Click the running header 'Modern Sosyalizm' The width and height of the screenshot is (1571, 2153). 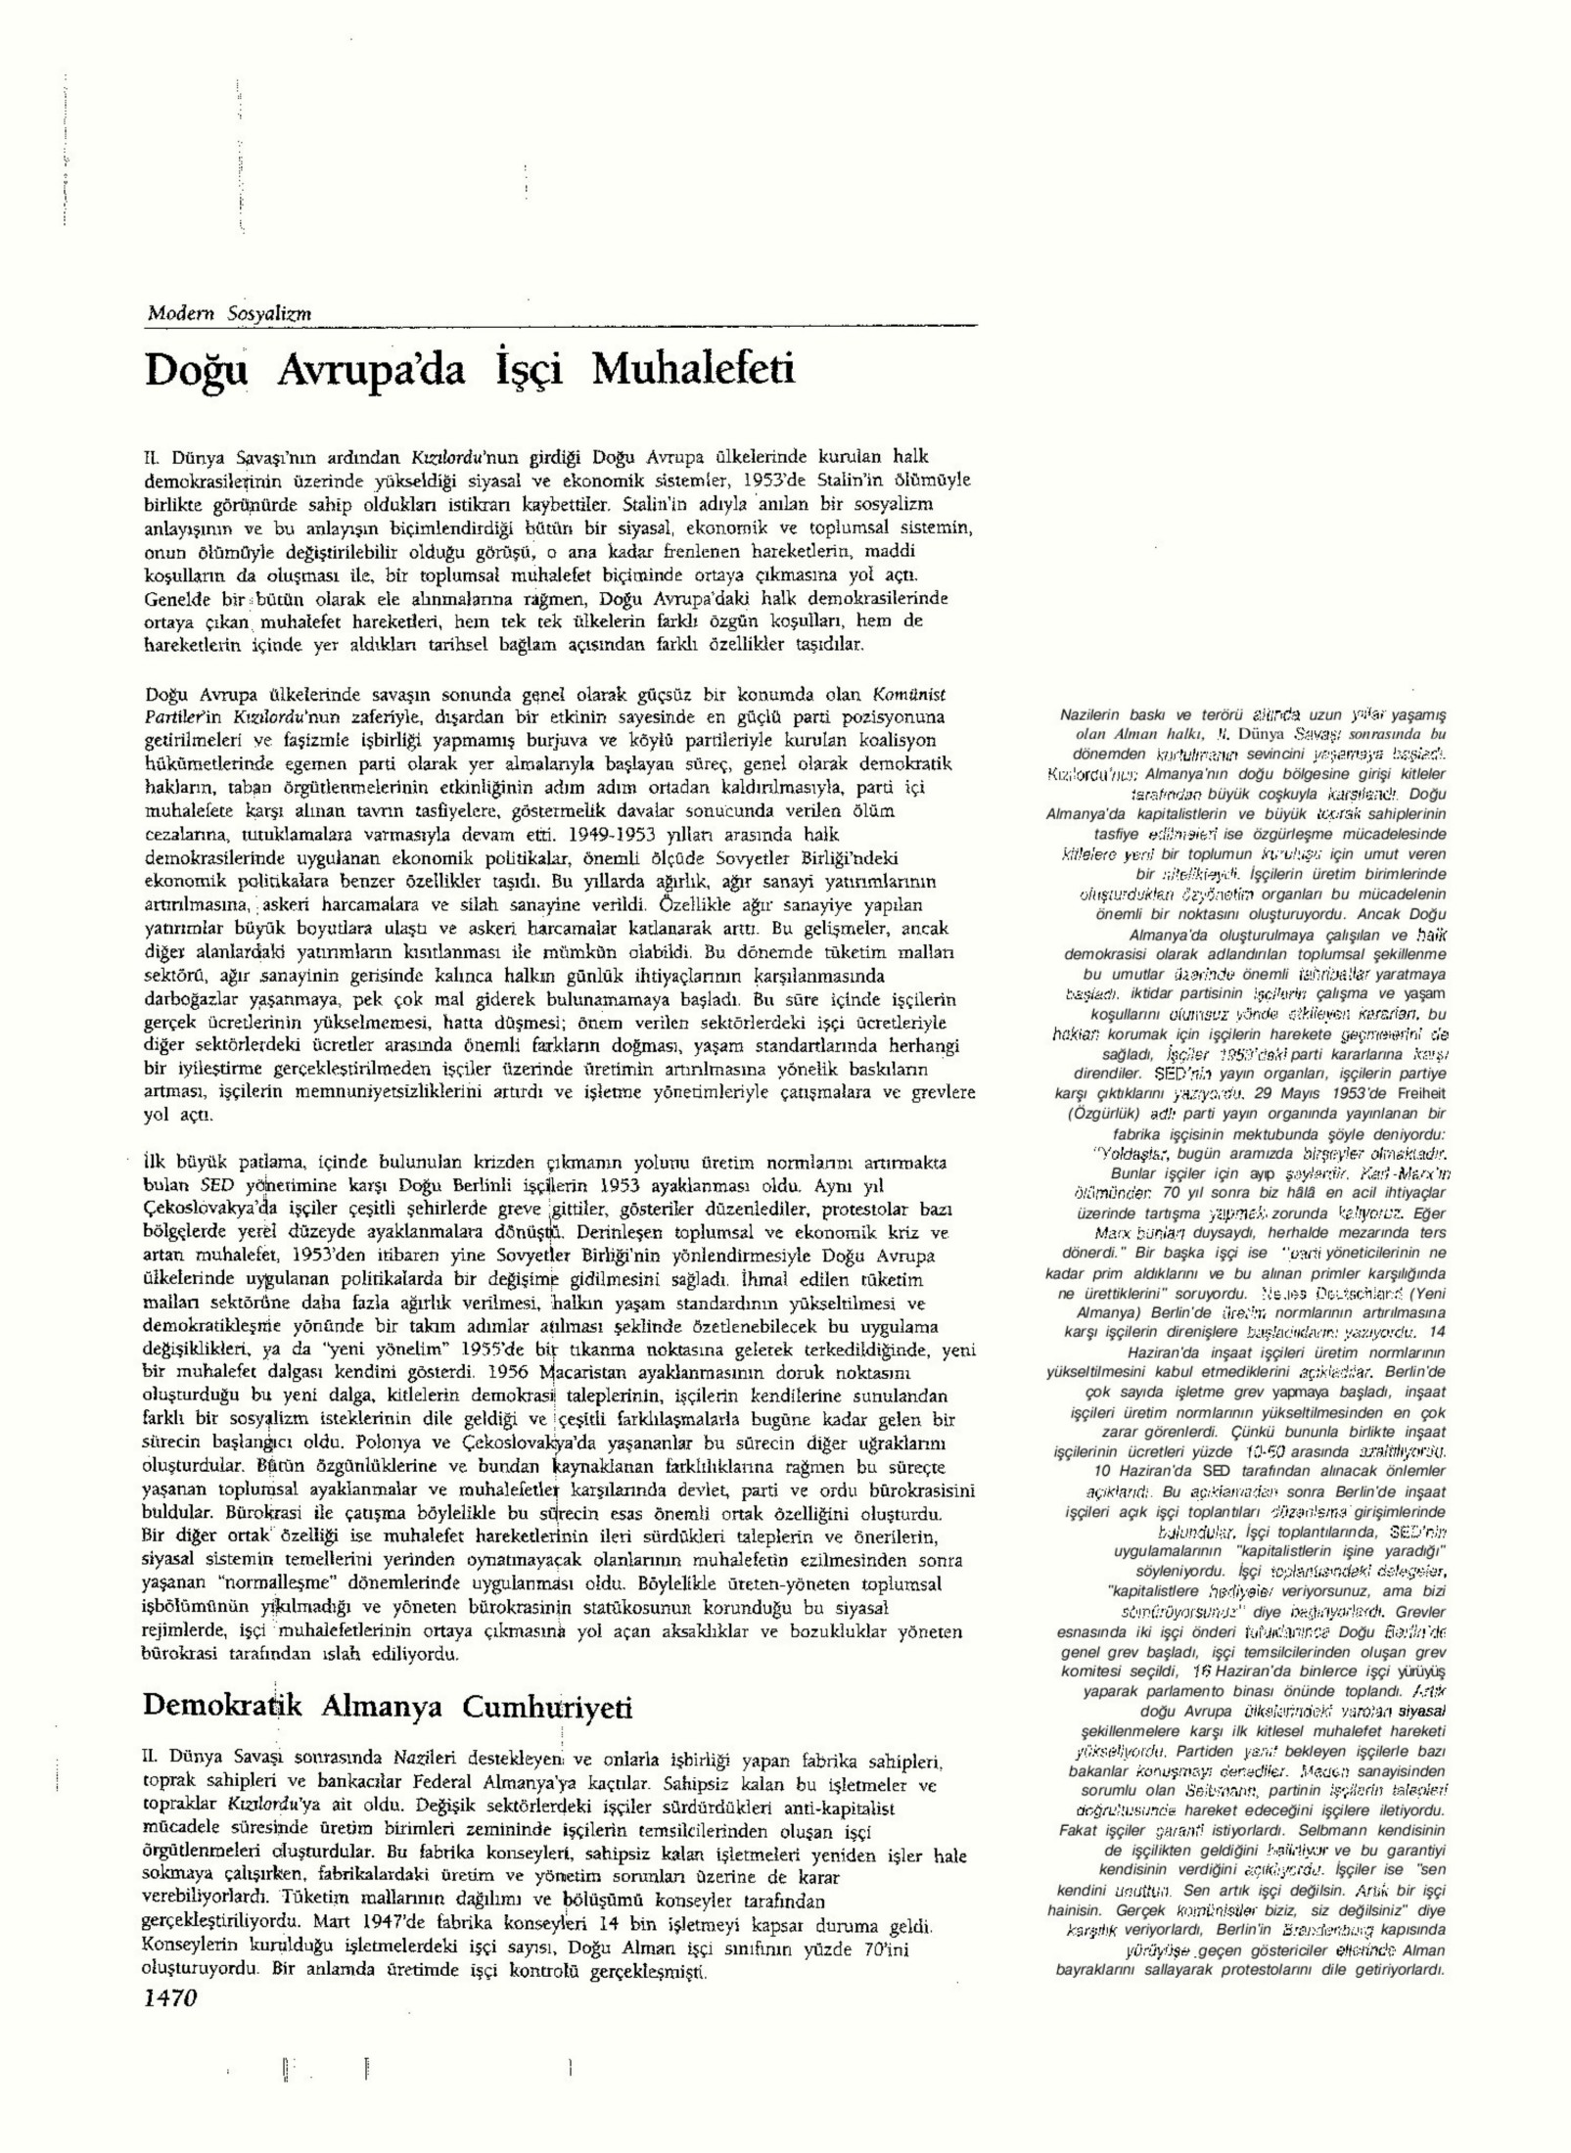[229, 313]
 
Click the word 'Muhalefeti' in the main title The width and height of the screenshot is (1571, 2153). [693, 370]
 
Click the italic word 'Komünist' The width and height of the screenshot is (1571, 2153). [909, 694]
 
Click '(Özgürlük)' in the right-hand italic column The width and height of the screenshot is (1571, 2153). [1104, 1115]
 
